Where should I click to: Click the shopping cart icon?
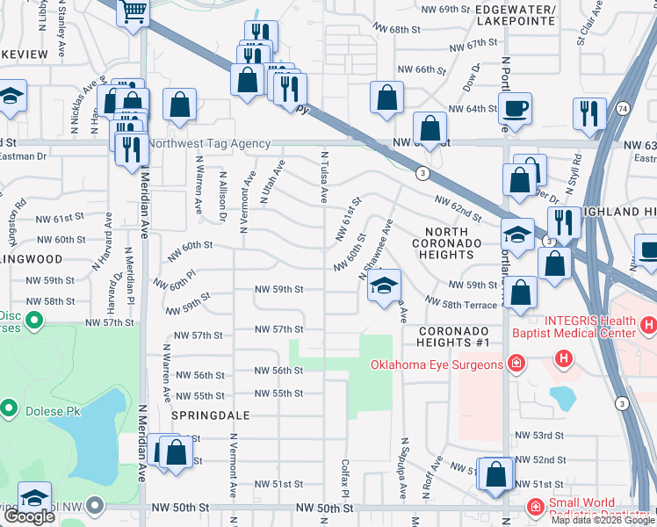click(133, 12)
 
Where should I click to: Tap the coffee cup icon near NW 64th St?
click(516, 109)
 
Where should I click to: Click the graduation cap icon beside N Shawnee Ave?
click(382, 285)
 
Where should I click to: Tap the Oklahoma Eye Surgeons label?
click(437, 365)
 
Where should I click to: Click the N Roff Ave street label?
click(436, 475)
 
